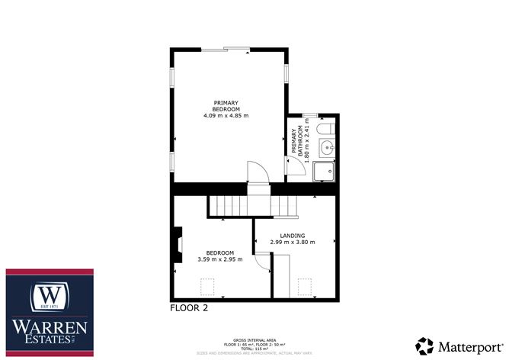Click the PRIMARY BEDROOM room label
coord(226,106)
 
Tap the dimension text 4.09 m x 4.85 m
coord(226,116)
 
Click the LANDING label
coord(293,236)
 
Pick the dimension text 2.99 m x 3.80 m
coord(293,243)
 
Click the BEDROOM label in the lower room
coord(220,252)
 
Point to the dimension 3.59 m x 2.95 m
coord(220,259)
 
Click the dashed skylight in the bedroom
coord(206,287)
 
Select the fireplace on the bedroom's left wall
coord(178,246)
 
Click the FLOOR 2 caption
coord(189,309)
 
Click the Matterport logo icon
coord(424,344)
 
